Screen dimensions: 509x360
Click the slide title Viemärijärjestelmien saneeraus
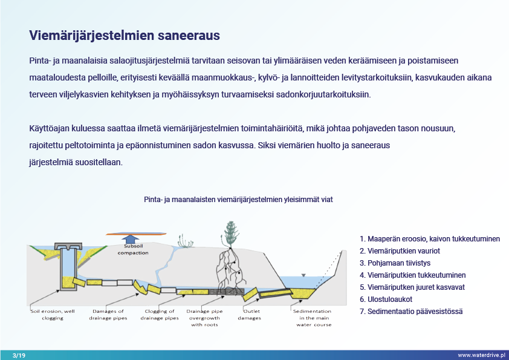(125, 36)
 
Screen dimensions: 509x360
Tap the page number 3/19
(19, 355)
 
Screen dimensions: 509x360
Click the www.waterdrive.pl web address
(481, 355)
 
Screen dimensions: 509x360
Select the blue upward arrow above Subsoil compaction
(131, 240)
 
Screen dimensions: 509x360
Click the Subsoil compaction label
(133, 249)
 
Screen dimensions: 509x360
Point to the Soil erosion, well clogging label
(53, 315)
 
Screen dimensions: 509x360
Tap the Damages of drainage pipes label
(108, 315)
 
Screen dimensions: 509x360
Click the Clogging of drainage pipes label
(160, 315)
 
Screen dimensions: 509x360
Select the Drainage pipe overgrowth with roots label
(204, 318)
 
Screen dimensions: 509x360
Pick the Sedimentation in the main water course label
(313, 318)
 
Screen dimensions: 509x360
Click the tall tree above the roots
(230, 235)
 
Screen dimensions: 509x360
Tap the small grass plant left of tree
(186, 241)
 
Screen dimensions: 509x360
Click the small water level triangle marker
(303, 275)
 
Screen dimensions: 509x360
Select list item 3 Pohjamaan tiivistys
(395, 263)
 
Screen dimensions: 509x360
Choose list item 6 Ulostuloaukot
(386, 299)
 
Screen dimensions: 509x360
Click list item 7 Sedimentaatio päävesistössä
(411, 311)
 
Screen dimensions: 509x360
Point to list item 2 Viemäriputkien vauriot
(400, 251)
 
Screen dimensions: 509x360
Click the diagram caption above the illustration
(238, 200)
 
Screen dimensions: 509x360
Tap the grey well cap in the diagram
(68, 246)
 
